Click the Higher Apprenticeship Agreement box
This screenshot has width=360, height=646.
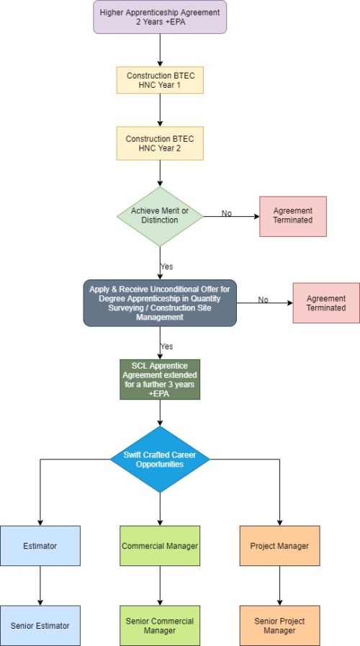coord(160,17)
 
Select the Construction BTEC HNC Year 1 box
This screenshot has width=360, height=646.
coord(160,80)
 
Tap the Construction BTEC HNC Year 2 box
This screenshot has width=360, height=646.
coord(160,143)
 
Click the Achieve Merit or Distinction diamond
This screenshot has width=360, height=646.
coord(160,216)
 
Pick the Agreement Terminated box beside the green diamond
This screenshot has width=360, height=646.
coord(293,216)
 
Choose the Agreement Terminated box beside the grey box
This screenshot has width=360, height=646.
coord(326,302)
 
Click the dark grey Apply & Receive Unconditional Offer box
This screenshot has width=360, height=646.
coord(160,302)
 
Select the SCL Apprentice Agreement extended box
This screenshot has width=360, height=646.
coord(160,379)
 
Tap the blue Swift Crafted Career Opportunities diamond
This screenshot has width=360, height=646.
coord(160,459)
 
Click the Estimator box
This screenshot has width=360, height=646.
coord(40,545)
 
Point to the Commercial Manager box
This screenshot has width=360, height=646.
coord(160,545)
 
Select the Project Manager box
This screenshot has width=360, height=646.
coord(279,545)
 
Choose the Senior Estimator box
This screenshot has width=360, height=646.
coord(40,625)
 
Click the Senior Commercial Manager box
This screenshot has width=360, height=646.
coord(160,625)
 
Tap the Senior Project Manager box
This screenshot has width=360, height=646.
coord(279,625)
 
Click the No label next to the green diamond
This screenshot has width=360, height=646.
coord(227,213)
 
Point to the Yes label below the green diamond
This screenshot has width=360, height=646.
coord(166,266)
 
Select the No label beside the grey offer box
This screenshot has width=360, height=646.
coord(264,300)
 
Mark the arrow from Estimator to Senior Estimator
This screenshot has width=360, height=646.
coord(40,586)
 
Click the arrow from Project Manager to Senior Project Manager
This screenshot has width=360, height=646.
coord(279,586)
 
